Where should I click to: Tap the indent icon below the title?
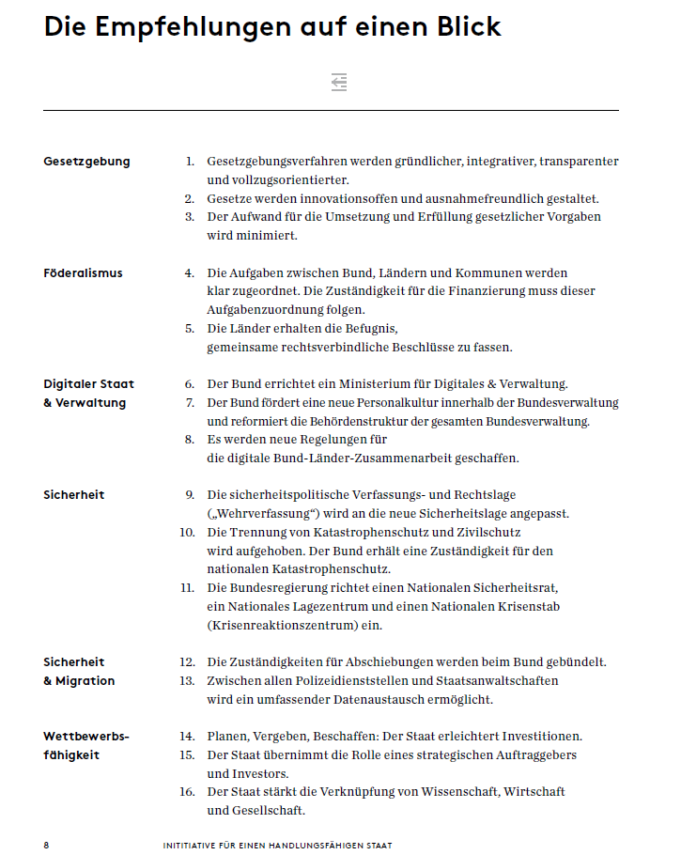[x=339, y=83]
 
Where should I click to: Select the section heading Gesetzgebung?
[x=86, y=162]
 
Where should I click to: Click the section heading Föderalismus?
[x=83, y=273]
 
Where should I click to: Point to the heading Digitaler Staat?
[x=88, y=384]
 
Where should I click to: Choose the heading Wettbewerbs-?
[x=86, y=737]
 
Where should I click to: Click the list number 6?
[x=189, y=384]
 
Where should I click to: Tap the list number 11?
[x=187, y=588]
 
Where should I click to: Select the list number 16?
[x=187, y=792]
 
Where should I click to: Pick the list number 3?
[x=189, y=217]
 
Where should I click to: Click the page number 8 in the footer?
[x=46, y=846]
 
